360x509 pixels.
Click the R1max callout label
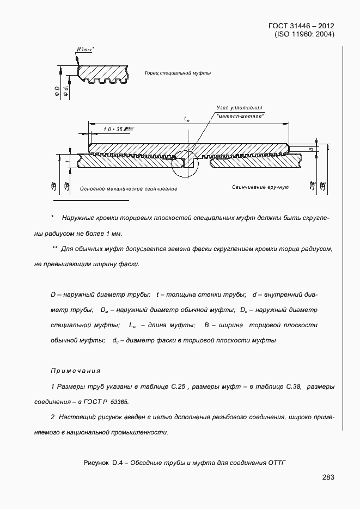click(86, 50)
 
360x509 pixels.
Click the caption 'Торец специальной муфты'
click(178, 73)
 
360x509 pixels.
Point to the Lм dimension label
click(187, 119)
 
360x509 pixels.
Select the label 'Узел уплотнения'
click(239, 108)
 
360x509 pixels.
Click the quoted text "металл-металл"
click(240, 116)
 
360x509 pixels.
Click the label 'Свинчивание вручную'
click(260, 187)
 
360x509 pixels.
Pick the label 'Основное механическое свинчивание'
click(129, 189)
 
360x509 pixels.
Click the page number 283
click(328, 477)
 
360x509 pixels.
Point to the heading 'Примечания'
click(76, 371)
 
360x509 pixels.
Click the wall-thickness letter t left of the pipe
click(66, 162)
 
